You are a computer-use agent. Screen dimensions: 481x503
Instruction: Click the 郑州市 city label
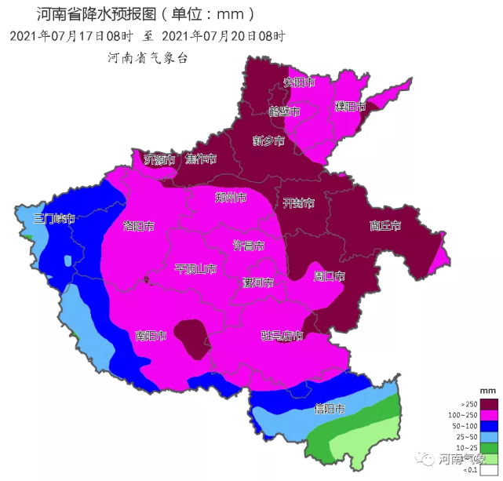point(231,198)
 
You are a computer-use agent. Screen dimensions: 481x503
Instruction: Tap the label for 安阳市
point(298,82)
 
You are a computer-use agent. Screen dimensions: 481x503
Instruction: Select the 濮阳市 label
point(350,106)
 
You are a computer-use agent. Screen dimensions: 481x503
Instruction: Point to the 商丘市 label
point(385,226)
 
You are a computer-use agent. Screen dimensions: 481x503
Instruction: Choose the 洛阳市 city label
point(138,226)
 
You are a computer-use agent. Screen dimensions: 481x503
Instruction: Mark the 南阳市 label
point(151,336)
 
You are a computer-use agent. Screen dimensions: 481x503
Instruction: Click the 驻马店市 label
point(282,336)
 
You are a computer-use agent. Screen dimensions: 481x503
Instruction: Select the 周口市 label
point(329,276)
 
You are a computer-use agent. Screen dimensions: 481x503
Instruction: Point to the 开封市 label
point(298,203)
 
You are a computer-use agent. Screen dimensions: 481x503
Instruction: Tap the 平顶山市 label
point(195,269)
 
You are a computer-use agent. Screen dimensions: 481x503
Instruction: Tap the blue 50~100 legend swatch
point(490,425)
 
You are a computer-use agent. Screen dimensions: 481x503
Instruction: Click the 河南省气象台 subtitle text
point(148,58)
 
